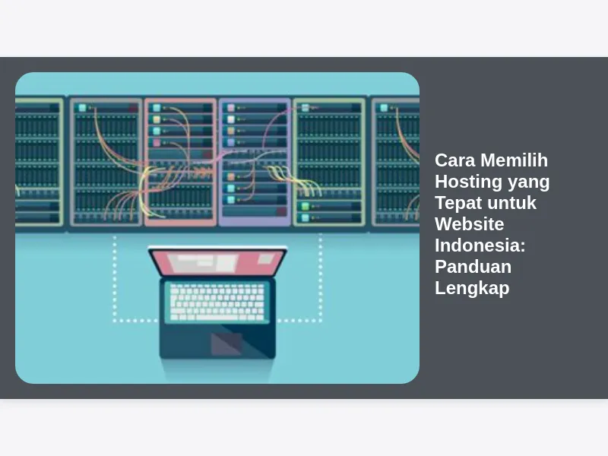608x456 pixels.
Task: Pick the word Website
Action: [x=470, y=224]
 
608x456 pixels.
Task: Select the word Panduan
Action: [x=473, y=267]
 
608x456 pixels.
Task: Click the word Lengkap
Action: [x=472, y=289]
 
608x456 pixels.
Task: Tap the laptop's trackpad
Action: [x=226, y=344]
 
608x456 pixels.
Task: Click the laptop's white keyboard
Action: [x=217, y=302]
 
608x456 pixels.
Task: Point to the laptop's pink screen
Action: [x=218, y=263]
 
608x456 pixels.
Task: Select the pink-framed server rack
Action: [x=180, y=162]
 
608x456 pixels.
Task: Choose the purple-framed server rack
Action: [x=255, y=162]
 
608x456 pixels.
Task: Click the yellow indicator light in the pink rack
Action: [x=157, y=119]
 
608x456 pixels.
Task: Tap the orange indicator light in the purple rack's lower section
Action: [x=231, y=177]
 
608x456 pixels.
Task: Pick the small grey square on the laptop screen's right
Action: [x=266, y=258]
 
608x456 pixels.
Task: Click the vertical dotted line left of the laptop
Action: [x=115, y=278]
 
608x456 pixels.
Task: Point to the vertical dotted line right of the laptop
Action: [x=320, y=278]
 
